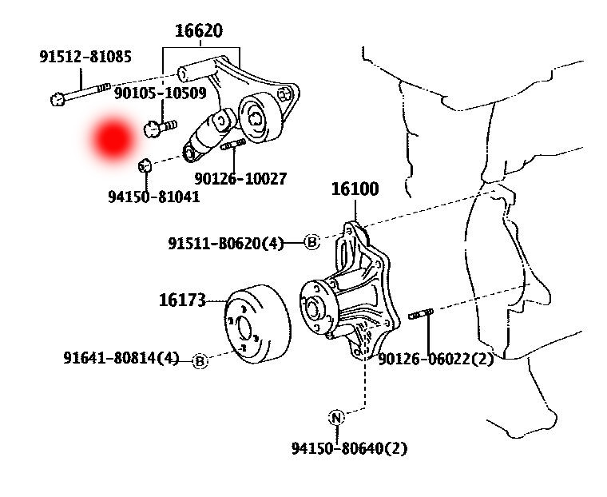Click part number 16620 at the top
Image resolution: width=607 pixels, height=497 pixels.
coord(199,31)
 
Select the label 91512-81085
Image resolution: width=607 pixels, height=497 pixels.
coord(85,57)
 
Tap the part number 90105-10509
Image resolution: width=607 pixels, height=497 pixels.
coord(160,93)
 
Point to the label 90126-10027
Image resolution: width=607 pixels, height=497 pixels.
coord(240,179)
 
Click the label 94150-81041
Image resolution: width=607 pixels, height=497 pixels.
coord(153,196)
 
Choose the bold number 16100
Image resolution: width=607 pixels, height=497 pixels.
coord(355,189)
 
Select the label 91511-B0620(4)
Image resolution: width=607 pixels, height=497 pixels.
coord(226,243)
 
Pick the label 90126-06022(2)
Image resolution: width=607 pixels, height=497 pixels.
coord(436,359)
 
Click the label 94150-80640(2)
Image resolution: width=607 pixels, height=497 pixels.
coord(349,448)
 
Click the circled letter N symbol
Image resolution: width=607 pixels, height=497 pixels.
coord(336,417)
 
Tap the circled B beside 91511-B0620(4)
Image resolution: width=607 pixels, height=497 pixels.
coord(312,242)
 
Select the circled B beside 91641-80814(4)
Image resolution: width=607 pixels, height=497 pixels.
coord(200,362)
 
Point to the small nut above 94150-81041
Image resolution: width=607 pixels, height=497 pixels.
coord(145,165)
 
